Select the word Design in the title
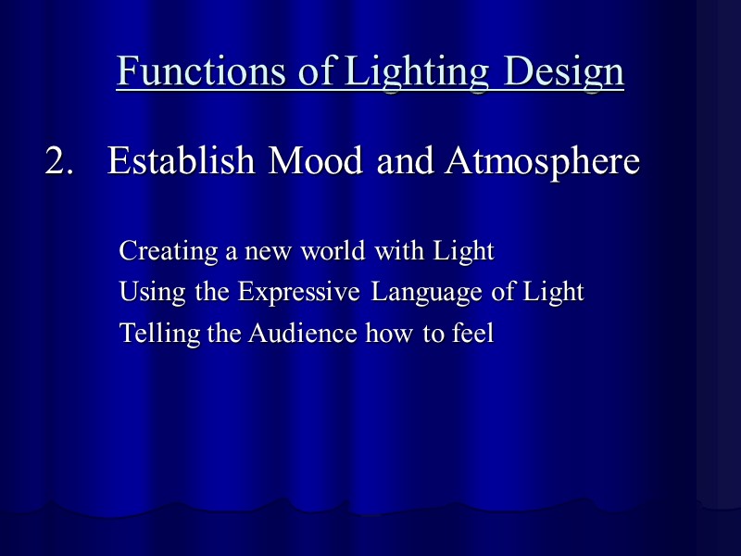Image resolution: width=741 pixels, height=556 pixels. (564, 71)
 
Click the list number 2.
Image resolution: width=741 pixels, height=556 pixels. (59, 162)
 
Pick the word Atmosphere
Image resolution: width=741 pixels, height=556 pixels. (542, 162)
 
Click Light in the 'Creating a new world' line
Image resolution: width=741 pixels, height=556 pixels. (460, 252)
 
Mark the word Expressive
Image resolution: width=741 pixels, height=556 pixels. (298, 293)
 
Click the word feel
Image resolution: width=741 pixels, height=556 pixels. (472, 334)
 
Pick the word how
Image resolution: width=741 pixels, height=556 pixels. (390, 334)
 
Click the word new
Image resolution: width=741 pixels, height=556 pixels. (268, 252)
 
